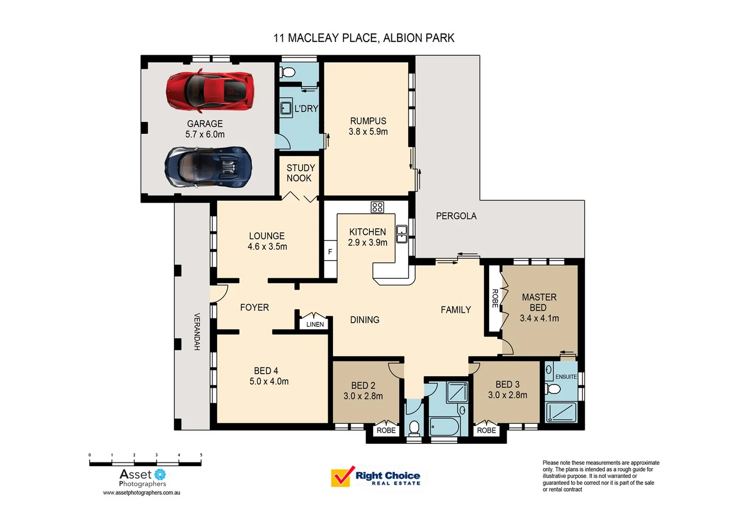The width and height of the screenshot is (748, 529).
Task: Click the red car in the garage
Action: [210, 91]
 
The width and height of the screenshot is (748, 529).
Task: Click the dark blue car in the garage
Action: [208, 167]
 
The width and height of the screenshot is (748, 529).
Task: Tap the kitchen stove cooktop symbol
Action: [377, 207]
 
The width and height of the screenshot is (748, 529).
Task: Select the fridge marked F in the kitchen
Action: [330, 252]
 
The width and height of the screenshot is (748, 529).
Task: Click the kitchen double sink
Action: [401, 234]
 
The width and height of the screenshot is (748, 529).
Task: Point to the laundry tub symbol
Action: [286, 108]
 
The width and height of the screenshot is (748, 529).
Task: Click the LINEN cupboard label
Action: [315, 324]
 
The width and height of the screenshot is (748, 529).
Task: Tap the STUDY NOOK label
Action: [300, 173]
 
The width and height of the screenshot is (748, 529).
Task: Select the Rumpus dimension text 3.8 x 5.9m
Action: [368, 132]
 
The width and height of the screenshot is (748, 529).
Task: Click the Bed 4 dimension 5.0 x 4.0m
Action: [269, 382]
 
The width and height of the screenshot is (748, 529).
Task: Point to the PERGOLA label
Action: [456, 216]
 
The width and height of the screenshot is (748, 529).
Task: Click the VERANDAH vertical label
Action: [197, 332]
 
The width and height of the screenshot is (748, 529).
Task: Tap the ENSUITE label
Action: [565, 377]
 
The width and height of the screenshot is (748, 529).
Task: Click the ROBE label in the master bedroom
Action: [494, 298]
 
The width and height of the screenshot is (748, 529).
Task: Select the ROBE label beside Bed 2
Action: [386, 431]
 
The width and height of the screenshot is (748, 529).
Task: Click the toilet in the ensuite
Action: [553, 389]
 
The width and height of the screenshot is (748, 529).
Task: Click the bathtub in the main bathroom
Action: [445, 426]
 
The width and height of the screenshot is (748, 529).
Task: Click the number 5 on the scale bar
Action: [201, 455]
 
